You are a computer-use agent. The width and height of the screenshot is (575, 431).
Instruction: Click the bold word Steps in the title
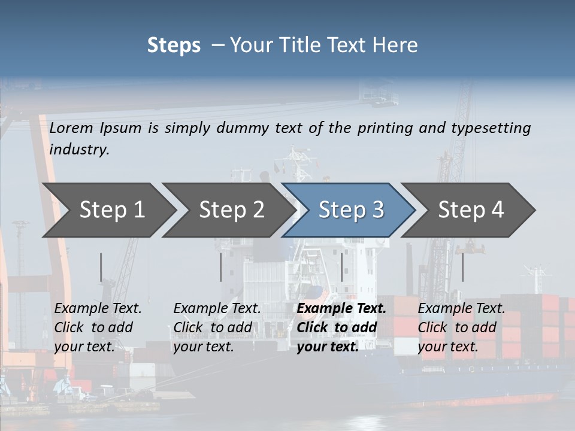[x=174, y=45]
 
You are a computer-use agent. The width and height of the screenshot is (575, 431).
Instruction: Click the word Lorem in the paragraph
[x=71, y=128]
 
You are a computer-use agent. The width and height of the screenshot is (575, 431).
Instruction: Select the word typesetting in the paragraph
[x=491, y=128]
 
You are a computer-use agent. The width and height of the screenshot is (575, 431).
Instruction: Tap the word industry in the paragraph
[x=79, y=150]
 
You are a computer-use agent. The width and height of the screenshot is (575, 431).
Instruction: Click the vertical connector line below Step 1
[x=101, y=267]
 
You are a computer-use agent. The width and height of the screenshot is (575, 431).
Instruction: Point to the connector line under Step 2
[x=221, y=267]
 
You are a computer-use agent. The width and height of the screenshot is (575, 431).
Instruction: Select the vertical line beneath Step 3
[x=342, y=267]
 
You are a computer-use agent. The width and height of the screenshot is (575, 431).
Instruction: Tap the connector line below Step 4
[x=462, y=267]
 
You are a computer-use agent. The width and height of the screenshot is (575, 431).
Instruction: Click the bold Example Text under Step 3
[x=341, y=309]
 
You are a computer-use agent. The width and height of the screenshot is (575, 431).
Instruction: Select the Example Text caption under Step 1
[x=98, y=309]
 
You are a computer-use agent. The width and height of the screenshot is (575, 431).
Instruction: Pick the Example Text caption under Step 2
[x=217, y=309]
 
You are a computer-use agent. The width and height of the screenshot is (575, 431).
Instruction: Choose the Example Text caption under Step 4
[x=461, y=309]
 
